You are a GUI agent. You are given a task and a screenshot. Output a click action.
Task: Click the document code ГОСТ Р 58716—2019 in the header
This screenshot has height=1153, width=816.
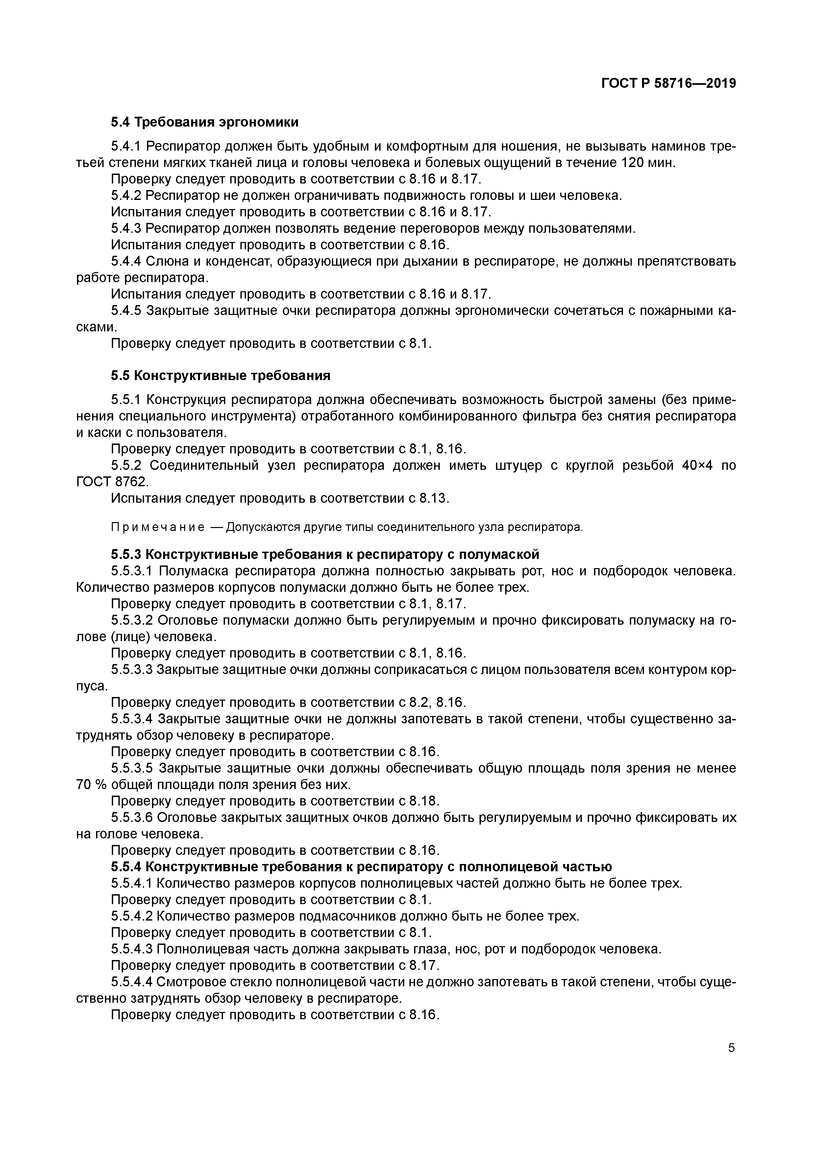(668, 83)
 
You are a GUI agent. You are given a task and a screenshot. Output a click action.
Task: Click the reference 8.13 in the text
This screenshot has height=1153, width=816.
(433, 498)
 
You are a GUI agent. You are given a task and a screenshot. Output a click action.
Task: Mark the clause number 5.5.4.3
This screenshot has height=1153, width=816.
(132, 949)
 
